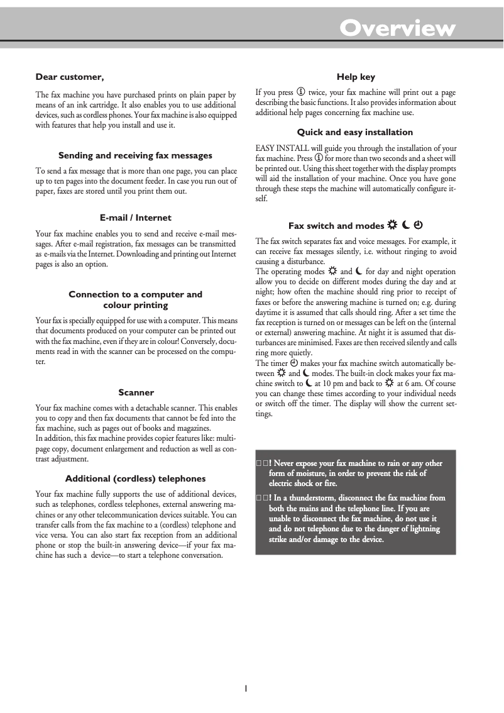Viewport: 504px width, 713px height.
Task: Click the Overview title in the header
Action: [x=397, y=28]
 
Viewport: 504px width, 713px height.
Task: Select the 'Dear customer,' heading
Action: [x=69, y=77]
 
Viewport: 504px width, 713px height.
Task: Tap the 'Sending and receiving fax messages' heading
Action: [x=135, y=155]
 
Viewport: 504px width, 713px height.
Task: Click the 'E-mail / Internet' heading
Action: [x=135, y=218]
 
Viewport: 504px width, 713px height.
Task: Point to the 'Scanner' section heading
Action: [x=136, y=392]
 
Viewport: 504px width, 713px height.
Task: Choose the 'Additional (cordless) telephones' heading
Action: [x=135, y=478]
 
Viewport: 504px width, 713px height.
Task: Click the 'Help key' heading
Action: [x=356, y=77]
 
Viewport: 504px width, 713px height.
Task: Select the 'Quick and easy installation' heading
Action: [x=355, y=132]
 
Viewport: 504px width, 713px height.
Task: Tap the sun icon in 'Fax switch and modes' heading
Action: [x=392, y=225]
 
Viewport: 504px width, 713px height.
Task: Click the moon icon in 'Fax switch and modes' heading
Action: [x=405, y=225]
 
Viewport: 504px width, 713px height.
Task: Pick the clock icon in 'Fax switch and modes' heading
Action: [x=418, y=225]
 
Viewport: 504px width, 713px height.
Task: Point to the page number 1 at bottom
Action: [x=246, y=688]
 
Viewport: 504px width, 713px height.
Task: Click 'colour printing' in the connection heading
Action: [x=135, y=305]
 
